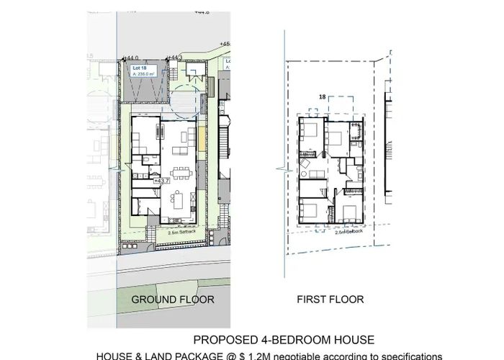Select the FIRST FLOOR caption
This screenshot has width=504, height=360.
330,299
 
